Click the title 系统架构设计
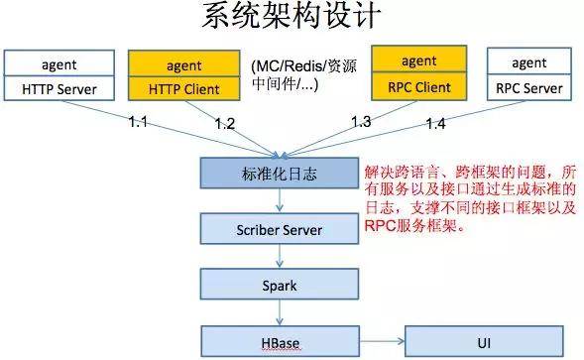tap(292, 16)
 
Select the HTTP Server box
tap(59, 88)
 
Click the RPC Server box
tap(529, 87)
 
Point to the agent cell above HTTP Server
tap(59, 63)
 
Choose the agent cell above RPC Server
tap(529, 61)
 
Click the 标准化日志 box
tap(280, 173)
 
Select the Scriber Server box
tap(280, 229)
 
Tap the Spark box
tap(280, 285)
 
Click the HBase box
tap(281, 342)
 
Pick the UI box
tap(484, 342)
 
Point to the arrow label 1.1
tap(138, 122)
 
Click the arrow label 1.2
tap(225, 123)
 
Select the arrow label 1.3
tap(361, 121)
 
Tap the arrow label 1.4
tap(435, 123)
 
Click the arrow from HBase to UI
tap(382, 341)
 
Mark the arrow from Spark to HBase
tap(280, 312)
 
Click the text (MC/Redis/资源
tap(304, 66)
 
